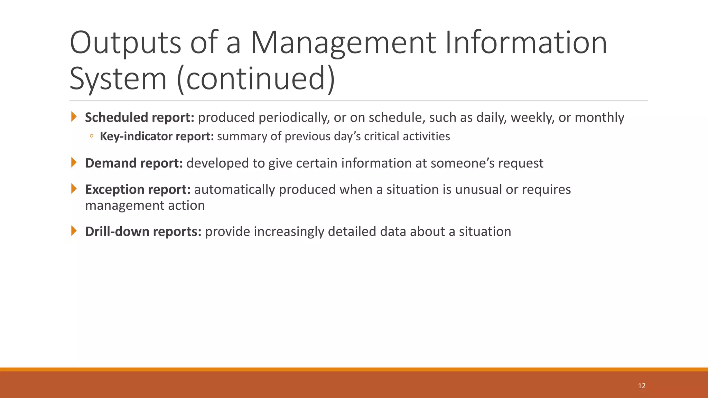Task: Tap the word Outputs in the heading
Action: [125, 43]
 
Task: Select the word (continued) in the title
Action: [256, 79]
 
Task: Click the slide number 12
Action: [642, 386]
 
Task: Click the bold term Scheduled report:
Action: [140, 117]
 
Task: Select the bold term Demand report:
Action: [134, 163]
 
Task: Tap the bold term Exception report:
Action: [138, 189]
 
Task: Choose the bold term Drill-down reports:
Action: [143, 231]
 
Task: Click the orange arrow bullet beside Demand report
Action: [74, 162]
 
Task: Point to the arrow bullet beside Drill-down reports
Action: [74, 231]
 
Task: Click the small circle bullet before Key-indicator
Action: [91, 136]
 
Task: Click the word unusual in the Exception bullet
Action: [478, 189]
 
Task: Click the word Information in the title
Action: [526, 43]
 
